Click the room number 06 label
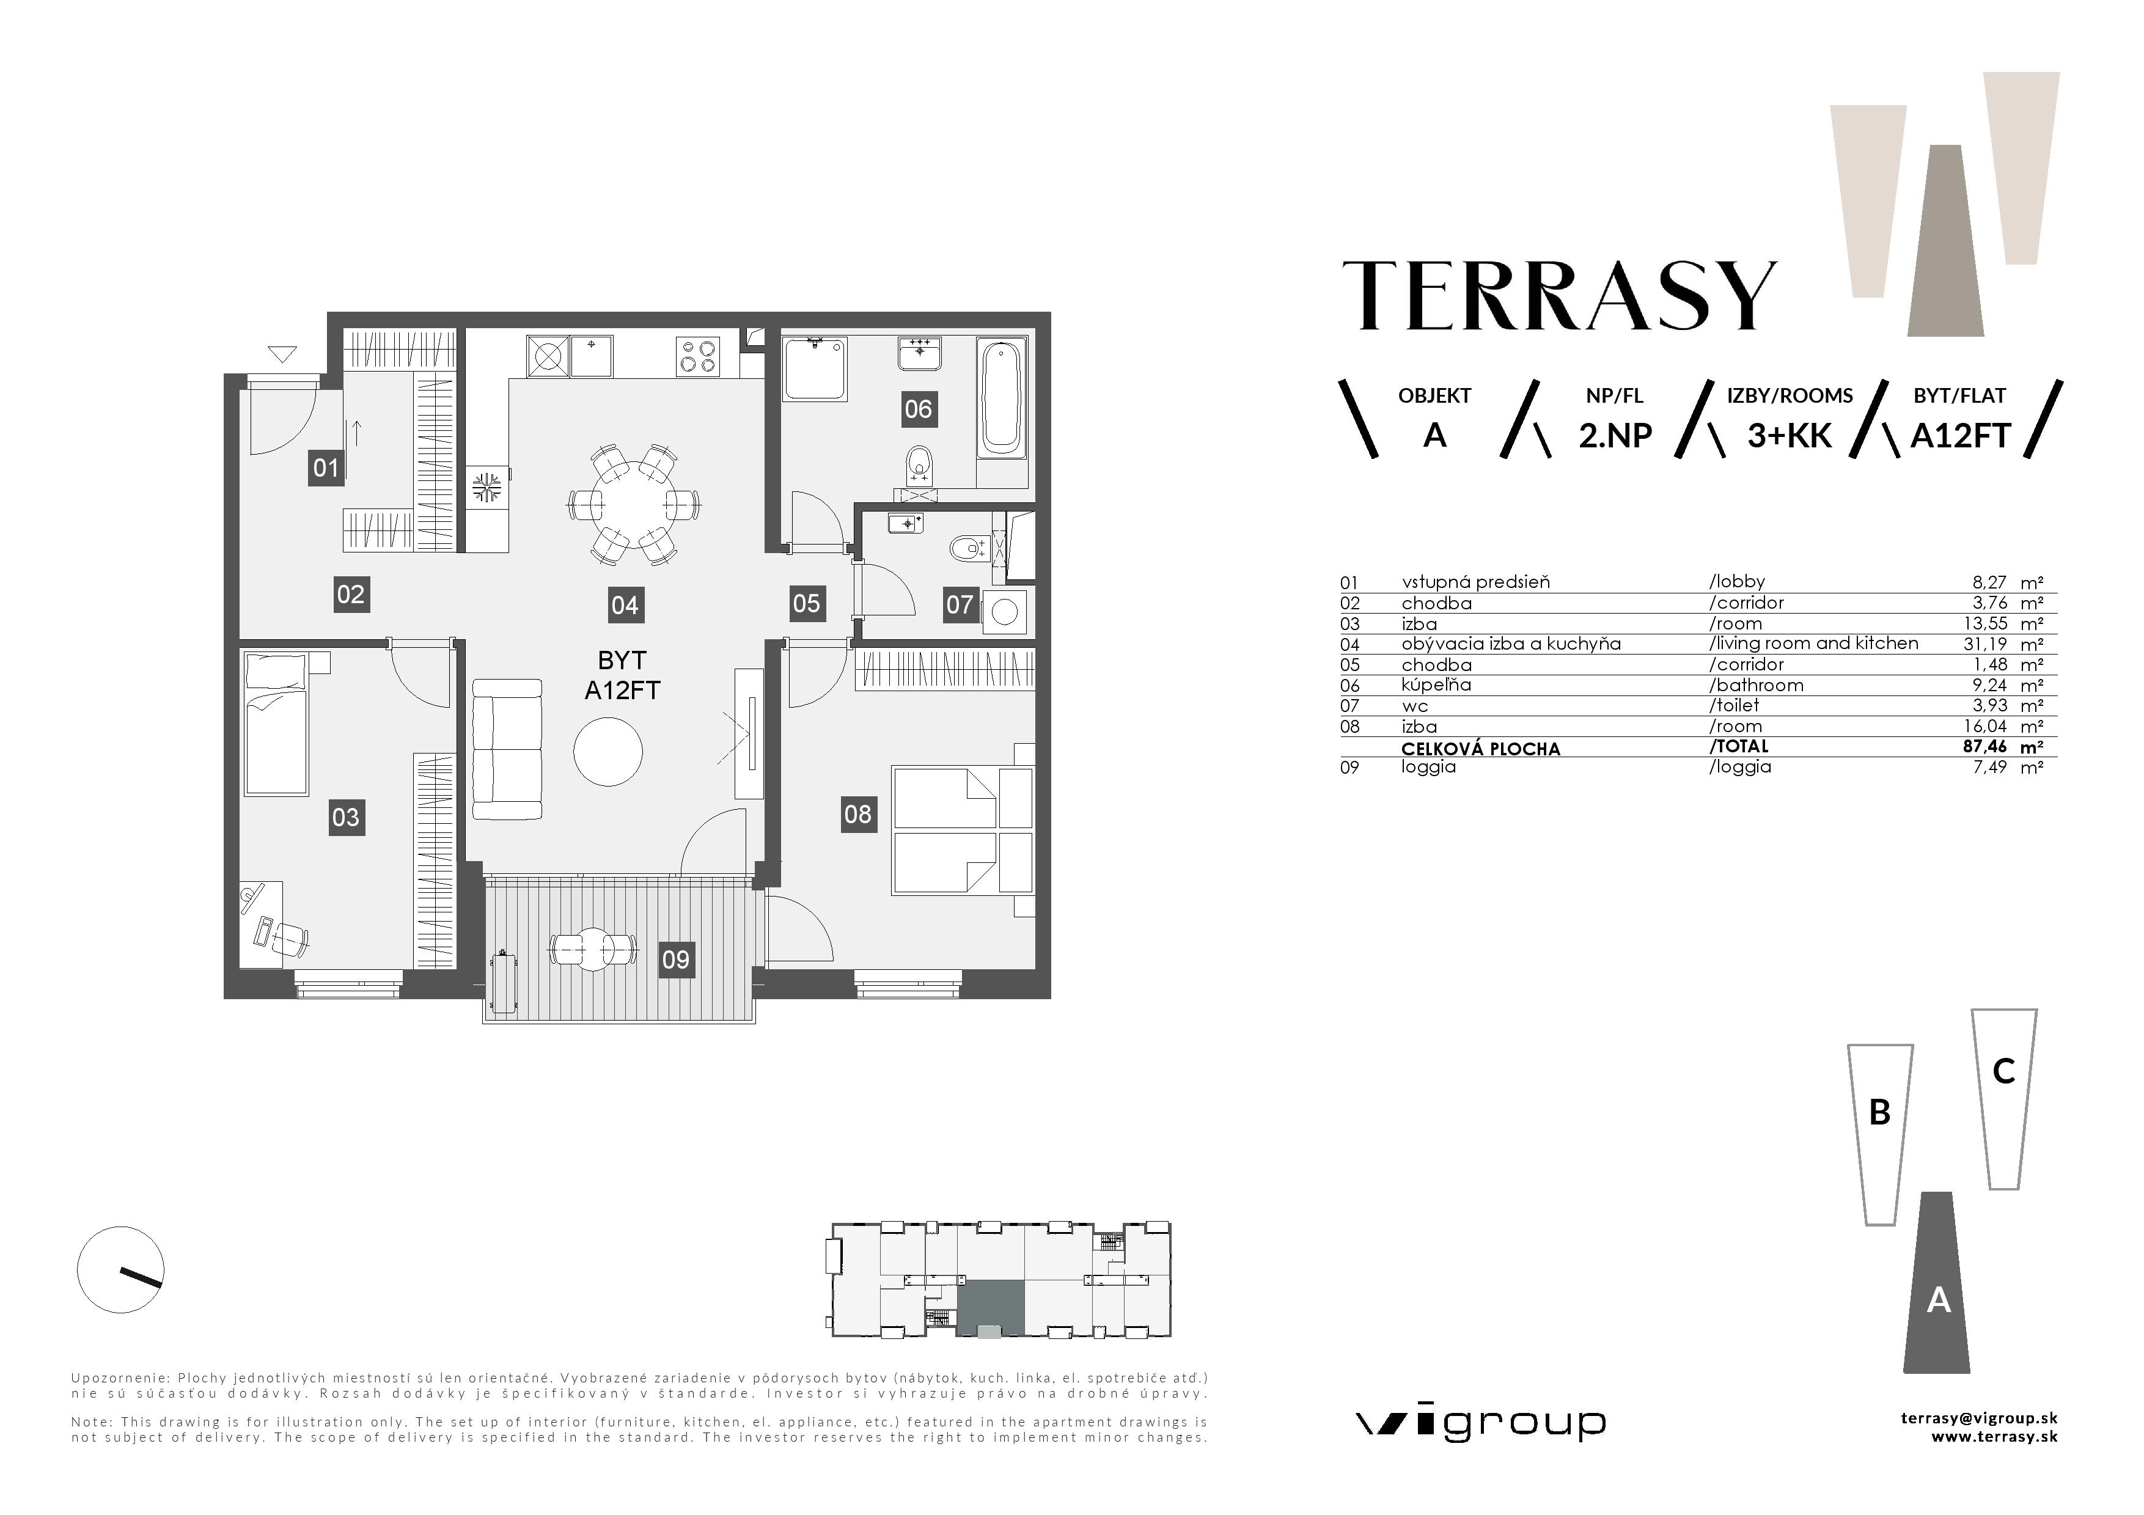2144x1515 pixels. pyautogui.click(x=918, y=409)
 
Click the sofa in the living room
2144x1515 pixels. pyautogui.click(x=507, y=750)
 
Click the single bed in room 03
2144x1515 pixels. pyautogui.click(x=276, y=724)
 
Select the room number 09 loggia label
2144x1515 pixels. pyautogui.click(x=675, y=959)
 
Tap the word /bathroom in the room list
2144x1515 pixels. pyautogui.click(x=1757, y=685)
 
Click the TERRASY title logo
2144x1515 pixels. pyautogui.click(x=1560, y=295)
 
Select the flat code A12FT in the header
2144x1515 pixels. pyautogui.click(x=1960, y=436)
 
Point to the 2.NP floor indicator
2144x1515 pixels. pyautogui.click(x=1615, y=436)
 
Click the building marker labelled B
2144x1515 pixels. pyautogui.click(x=1880, y=1134)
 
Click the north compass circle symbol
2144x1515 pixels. pyautogui.click(x=120, y=1269)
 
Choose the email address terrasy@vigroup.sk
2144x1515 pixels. pyautogui.click(x=1979, y=1418)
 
